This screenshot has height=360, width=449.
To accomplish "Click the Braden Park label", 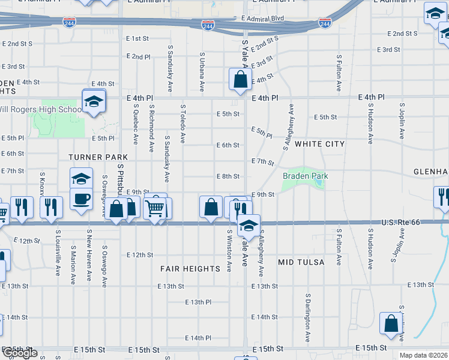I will point(306,176).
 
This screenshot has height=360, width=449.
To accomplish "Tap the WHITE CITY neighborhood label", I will point(320,144).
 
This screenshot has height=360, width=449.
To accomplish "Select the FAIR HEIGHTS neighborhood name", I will point(190,269).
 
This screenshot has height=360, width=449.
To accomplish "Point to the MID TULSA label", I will point(301,262).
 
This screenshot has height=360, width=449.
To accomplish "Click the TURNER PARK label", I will point(90,157).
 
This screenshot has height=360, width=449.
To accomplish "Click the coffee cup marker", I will point(81,198).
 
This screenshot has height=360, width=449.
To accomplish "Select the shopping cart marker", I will point(155,208).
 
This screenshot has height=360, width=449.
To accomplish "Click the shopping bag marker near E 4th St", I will point(240,79).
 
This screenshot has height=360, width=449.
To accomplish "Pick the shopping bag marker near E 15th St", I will point(391,323).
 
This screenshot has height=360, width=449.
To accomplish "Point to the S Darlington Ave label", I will point(308,318).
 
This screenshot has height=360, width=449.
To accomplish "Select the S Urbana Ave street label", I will point(202,72).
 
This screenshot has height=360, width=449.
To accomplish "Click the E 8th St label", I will point(228,176).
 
